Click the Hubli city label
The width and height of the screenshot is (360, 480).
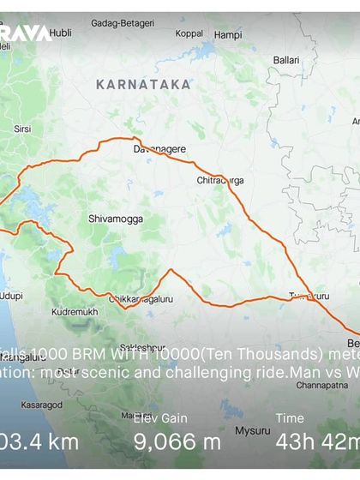[60, 34]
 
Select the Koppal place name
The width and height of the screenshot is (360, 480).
[189, 34]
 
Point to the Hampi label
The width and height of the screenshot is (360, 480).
[228, 35]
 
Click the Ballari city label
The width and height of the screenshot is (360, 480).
[285, 60]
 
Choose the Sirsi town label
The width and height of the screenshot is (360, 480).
[22, 129]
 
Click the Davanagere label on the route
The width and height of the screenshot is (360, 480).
[159, 149]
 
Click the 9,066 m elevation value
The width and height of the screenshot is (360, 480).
[177, 442]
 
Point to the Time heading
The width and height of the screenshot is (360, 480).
[290, 418]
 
